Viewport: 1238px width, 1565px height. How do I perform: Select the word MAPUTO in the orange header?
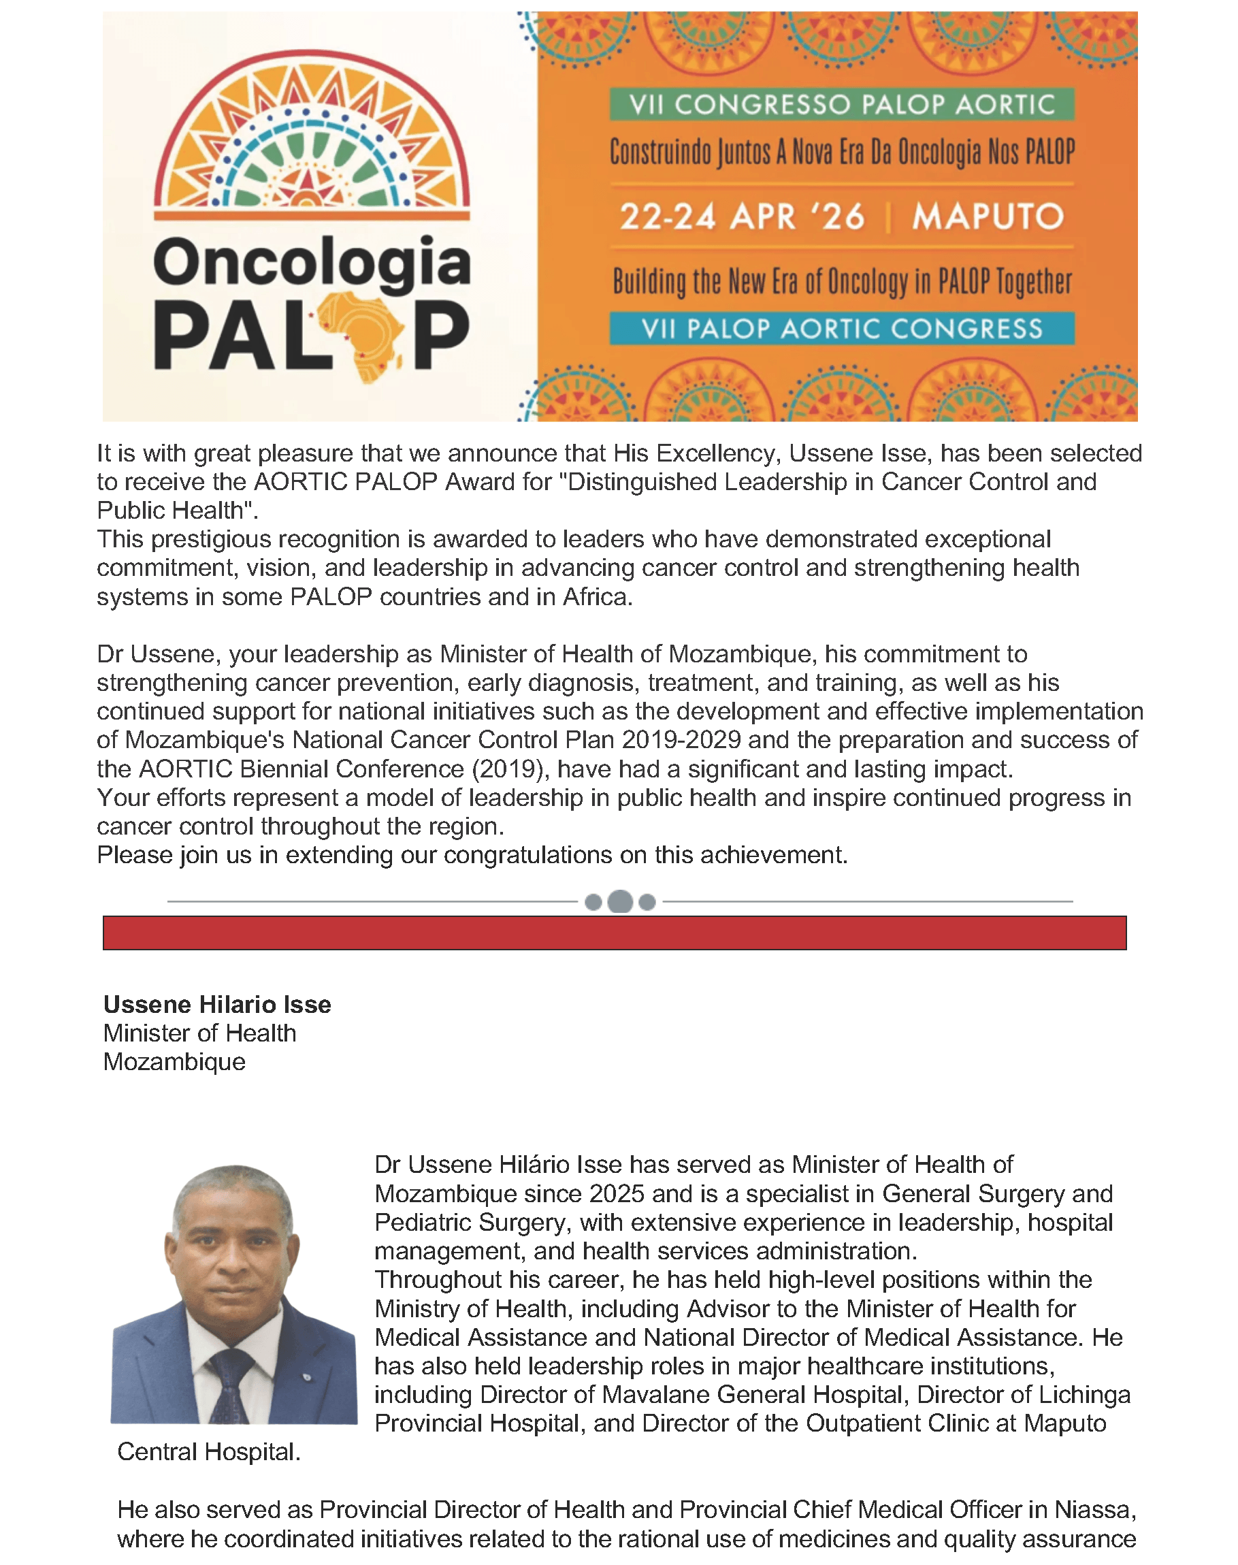988,216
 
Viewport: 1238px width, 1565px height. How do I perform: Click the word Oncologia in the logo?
312,261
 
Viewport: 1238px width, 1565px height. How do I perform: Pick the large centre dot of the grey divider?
620,901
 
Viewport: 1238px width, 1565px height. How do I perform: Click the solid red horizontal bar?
614,932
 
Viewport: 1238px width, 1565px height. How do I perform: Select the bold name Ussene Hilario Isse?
216,1004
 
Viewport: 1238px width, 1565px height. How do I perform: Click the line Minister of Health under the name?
199,1032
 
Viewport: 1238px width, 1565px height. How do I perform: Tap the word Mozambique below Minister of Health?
174,1061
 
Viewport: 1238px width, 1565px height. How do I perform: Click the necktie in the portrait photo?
231,1385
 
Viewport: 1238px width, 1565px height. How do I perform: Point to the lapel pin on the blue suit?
308,1376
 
